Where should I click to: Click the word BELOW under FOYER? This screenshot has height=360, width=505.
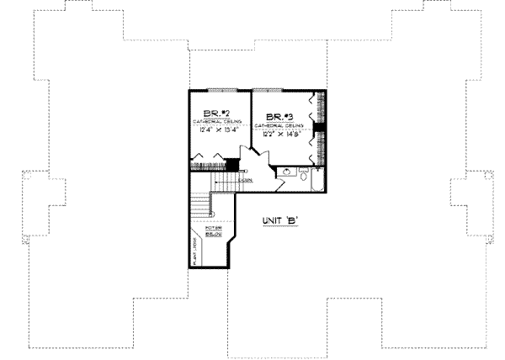click(x=213, y=235)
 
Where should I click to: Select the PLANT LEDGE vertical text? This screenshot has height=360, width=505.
click(x=194, y=249)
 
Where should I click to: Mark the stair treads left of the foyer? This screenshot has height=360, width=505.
click(x=199, y=201)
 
